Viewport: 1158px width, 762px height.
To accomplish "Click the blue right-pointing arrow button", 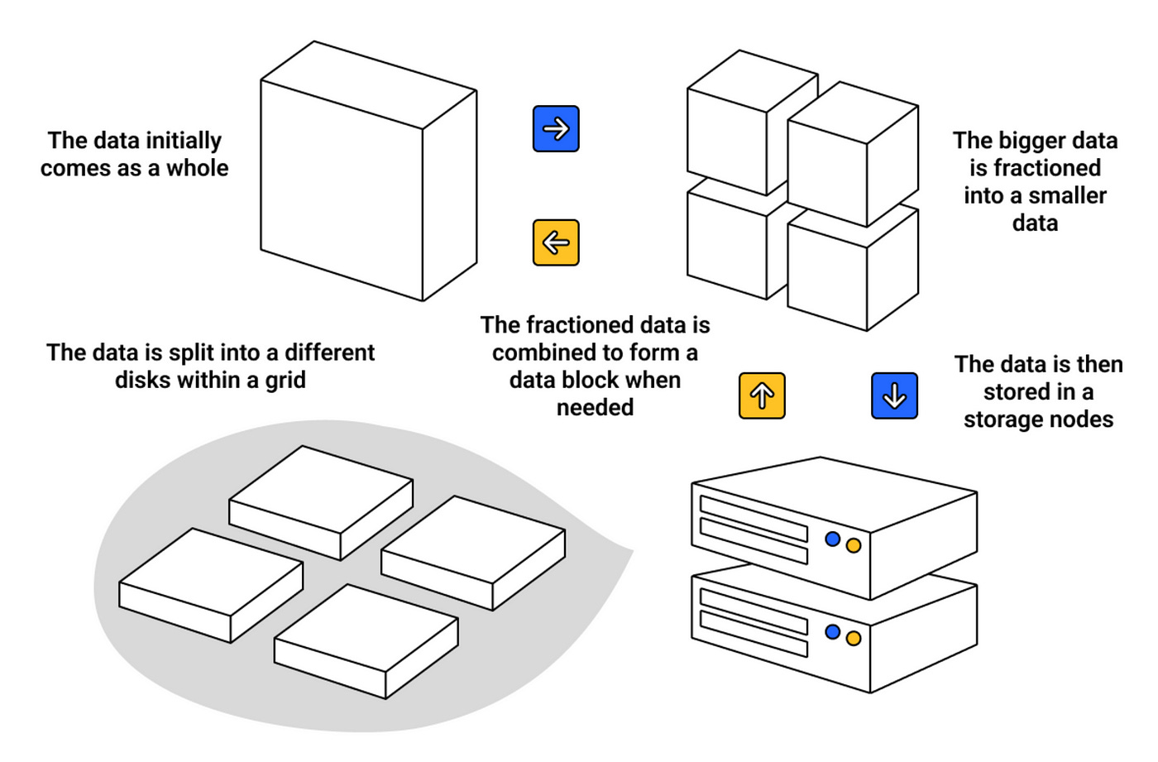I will click(x=556, y=129).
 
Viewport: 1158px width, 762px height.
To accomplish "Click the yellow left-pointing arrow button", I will click(x=556, y=242).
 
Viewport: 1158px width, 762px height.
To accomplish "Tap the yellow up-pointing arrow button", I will click(x=762, y=395).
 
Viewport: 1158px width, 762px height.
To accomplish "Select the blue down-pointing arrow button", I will click(x=894, y=395).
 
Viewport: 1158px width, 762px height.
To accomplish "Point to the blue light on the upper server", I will click(x=833, y=539).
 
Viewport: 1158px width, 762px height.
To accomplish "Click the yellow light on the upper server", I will click(x=854, y=545).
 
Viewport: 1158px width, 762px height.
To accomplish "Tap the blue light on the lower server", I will click(x=833, y=632).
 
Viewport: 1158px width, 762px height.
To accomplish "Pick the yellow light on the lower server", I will click(x=854, y=638).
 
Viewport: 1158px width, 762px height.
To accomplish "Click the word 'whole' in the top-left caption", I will click(x=198, y=168).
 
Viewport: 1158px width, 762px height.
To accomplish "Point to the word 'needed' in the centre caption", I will click(x=595, y=407).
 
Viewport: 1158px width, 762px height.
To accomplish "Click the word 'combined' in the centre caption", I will click(x=543, y=352).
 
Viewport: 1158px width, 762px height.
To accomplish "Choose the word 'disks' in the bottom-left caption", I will click(x=141, y=380).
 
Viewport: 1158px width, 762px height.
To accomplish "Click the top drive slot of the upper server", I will click(x=754, y=516).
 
